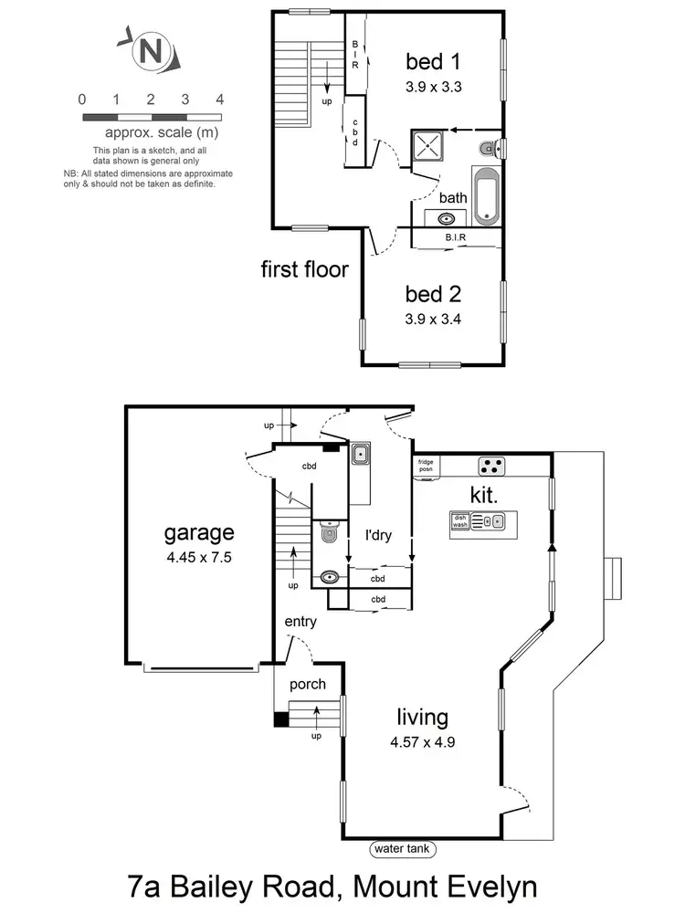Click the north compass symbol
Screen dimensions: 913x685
(147, 51)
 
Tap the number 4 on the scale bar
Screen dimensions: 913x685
(220, 99)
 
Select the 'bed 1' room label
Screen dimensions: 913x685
(433, 62)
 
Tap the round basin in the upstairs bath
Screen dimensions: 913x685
(448, 219)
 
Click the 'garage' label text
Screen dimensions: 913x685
(199, 532)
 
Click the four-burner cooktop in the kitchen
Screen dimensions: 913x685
(492, 466)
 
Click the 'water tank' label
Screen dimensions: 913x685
(403, 849)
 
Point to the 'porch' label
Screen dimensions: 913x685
(308, 684)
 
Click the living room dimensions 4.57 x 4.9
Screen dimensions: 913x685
(421, 741)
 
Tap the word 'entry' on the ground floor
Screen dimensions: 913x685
(300, 622)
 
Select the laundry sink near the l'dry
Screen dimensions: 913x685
(361, 453)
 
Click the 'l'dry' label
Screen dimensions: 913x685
(378, 536)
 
